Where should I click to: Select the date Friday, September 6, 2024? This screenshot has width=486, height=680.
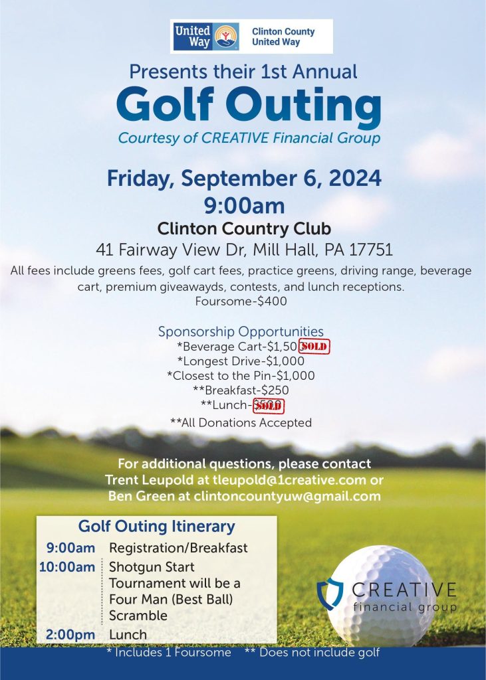point(244,179)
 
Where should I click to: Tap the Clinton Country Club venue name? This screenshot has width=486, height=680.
point(244,229)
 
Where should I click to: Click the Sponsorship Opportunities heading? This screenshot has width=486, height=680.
point(241,331)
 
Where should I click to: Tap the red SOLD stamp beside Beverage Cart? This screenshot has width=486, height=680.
point(315,347)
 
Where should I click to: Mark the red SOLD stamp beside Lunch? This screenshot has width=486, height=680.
point(269,405)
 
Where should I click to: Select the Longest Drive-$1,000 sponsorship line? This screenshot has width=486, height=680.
point(241,361)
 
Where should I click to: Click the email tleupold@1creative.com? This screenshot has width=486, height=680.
point(295,479)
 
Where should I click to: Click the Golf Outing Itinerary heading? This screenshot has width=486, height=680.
point(157,527)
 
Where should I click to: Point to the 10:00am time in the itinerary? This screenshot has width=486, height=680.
point(70,567)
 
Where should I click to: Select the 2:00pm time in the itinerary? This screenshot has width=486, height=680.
point(70,634)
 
